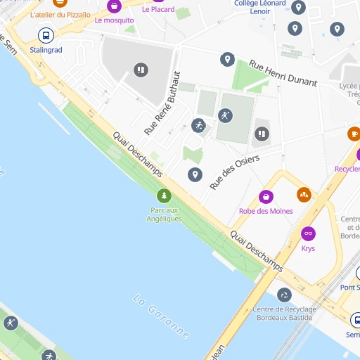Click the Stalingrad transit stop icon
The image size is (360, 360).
(x=46, y=35)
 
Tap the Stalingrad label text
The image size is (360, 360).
(x=46, y=51)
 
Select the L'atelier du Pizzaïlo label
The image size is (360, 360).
(x=60, y=14)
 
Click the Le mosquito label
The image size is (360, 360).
(x=114, y=20)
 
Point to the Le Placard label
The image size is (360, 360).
(x=158, y=9)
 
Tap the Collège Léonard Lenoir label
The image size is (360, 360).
(x=260, y=7)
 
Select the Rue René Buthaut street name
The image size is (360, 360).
(x=162, y=103)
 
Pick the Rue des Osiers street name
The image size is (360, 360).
(x=234, y=172)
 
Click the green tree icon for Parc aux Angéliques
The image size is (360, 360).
(x=164, y=195)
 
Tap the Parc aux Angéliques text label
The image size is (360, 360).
(x=164, y=214)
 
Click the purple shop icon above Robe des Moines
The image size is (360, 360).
(x=266, y=196)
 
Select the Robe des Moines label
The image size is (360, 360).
(x=266, y=211)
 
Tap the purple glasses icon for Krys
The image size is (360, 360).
(x=308, y=233)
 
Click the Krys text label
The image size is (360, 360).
(x=308, y=248)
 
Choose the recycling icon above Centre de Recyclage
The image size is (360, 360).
(x=284, y=295)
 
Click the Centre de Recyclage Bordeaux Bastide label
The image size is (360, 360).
(x=284, y=314)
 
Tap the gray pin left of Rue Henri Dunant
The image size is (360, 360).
(x=227, y=60)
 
